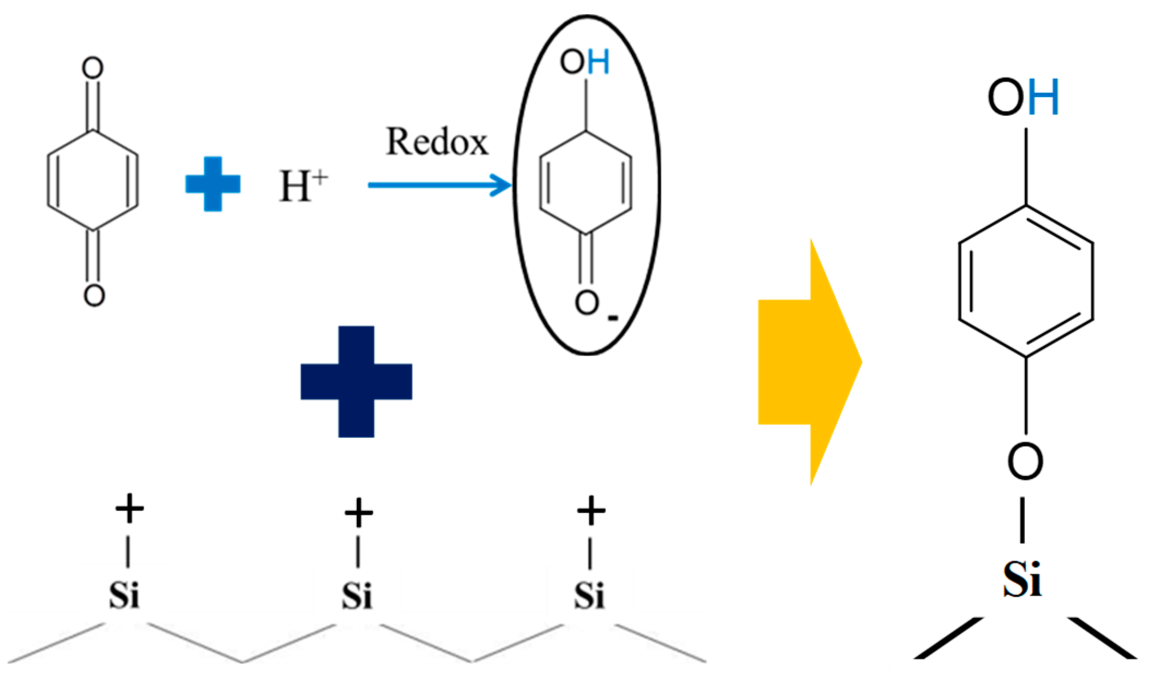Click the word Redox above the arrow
coord(437,142)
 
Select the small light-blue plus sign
coord(213,184)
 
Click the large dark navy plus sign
coord(356,381)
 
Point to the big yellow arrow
coord(808,362)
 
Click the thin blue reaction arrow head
coord(502,185)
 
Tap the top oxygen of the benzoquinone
coord(93,69)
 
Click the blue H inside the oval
coord(599,63)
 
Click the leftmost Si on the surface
coord(124,596)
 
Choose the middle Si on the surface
coord(357,596)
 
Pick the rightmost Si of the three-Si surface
coord(589,596)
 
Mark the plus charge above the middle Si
coord(358,513)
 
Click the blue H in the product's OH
coord(1043,98)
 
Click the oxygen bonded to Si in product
coord(1025,461)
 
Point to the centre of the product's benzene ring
coord(1026,281)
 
